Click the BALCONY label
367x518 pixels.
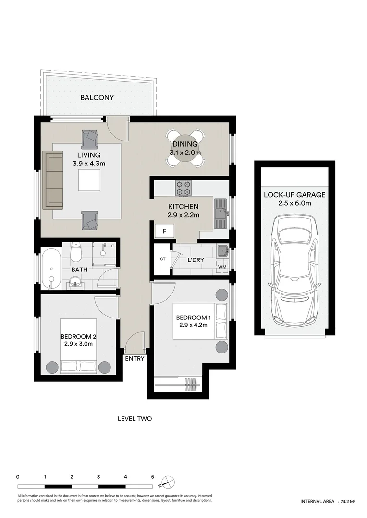(x=97, y=98)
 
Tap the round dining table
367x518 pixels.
(x=184, y=147)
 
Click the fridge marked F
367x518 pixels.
(x=164, y=231)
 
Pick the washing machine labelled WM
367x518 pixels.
(x=222, y=266)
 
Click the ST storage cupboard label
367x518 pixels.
(x=162, y=259)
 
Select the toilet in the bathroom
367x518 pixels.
(x=76, y=251)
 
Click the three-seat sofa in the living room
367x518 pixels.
(x=53, y=180)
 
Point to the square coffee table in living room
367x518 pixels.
(x=90, y=180)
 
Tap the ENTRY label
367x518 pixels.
(x=135, y=359)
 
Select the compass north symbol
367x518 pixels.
(x=168, y=482)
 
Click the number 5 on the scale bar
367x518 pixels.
(x=153, y=477)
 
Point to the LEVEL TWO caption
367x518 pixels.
(x=135, y=419)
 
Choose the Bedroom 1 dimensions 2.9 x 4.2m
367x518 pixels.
(x=193, y=325)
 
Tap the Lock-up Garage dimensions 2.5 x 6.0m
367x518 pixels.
(x=294, y=203)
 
